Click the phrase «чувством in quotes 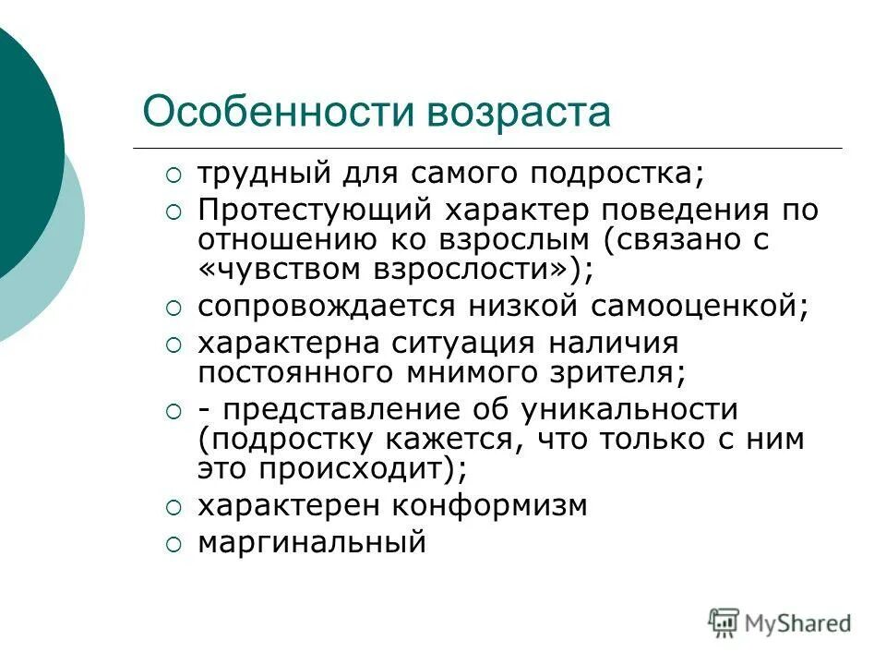[x=284, y=270]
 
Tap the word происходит [x=359, y=468]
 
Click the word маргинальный [x=312, y=542]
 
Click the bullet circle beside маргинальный [x=174, y=545]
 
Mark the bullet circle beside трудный [x=174, y=175]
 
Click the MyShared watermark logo [x=780, y=623]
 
